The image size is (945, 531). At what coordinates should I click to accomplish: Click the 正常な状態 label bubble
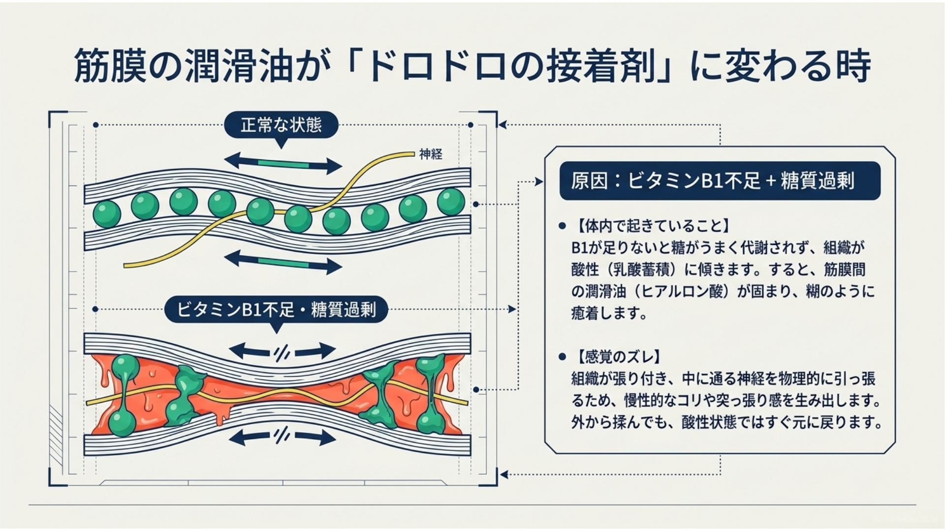click(x=281, y=125)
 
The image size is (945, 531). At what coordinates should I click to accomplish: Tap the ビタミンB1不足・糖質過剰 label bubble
click(x=276, y=310)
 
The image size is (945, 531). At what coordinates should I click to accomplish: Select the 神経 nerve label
click(x=431, y=154)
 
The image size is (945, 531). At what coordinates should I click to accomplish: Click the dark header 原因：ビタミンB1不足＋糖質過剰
click(x=720, y=180)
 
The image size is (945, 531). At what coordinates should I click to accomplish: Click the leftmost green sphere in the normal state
click(x=107, y=213)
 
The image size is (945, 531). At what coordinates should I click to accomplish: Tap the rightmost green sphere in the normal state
click(x=451, y=201)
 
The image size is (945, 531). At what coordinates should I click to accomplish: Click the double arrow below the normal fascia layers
click(x=283, y=262)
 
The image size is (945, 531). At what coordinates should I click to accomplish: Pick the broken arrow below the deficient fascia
click(x=283, y=436)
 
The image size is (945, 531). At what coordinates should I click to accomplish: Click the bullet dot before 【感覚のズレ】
click(x=562, y=357)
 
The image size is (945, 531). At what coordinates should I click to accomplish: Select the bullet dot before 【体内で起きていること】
click(x=562, y=226)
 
